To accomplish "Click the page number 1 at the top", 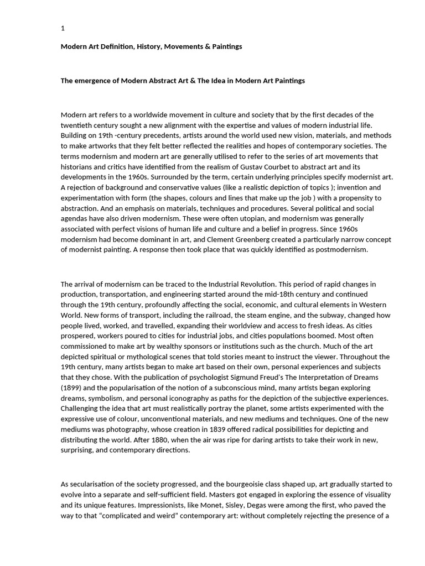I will [x=63, y=28].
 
